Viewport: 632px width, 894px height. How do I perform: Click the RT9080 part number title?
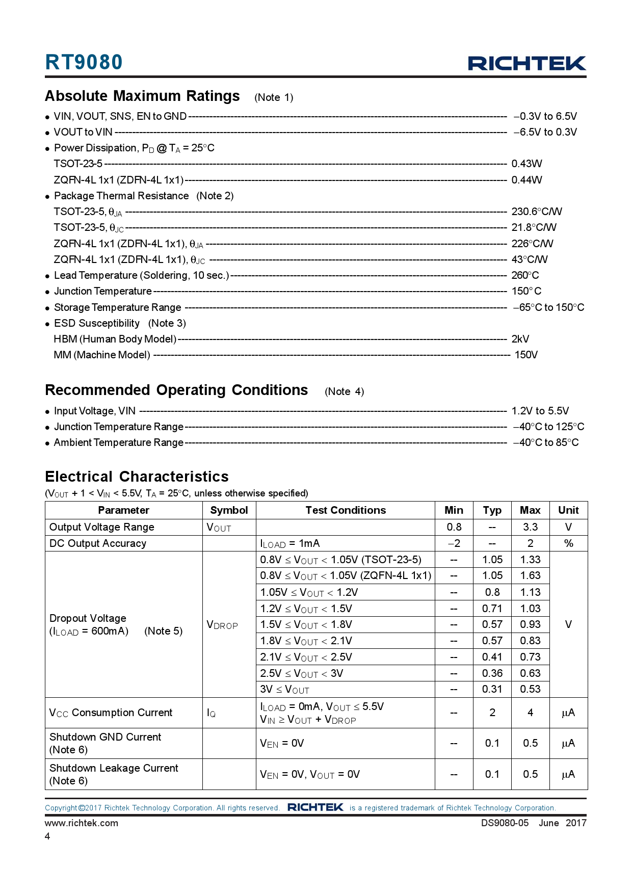pos(84,62)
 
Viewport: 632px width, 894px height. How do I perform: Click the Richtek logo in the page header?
pos(527,63)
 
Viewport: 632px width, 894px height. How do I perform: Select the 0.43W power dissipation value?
pos(526,164)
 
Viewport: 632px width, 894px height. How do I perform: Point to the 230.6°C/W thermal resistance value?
pos(537,212)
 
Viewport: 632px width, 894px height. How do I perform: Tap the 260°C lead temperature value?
pos(525,275)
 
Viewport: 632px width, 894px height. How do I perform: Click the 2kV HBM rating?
pos(520,339)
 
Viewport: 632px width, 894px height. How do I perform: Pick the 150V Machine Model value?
pos(526,355)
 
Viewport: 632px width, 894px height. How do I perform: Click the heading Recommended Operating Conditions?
pos(176,390)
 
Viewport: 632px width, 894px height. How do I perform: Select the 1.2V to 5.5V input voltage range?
pos(540,411)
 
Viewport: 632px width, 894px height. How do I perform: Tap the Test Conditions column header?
pos(346,510)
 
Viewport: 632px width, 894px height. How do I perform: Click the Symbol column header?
pos(229,510)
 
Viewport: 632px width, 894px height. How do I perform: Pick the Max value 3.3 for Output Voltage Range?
pos(530,527)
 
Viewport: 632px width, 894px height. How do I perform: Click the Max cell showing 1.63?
pos(530,575)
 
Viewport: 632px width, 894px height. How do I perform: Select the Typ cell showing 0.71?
pos(492,609)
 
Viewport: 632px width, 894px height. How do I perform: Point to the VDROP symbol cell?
pos(222,625)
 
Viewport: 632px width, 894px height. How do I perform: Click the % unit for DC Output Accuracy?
pos(568,543)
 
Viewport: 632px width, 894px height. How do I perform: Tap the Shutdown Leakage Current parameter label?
pos(114,768)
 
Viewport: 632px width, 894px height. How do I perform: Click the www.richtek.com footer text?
pos(82,823)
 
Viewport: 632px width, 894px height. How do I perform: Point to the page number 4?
pos(47,836)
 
